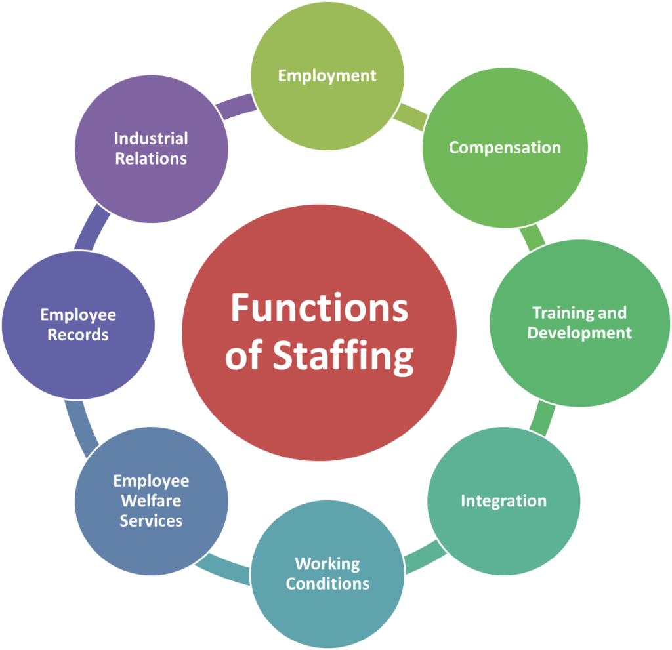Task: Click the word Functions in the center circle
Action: pos(319,308)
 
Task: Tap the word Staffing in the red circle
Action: pos(343,357)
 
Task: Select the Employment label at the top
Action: pos(327,75)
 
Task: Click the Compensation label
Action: pos(505,148)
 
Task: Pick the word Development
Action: pos(579,333)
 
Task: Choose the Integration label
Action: pos(503,501)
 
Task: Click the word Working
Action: pos(327,563)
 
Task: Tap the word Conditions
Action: pos(327,583)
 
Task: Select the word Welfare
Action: pos(151,500)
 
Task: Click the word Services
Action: pos(151,521)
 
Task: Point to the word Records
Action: pos(77,335)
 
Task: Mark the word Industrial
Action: pos(151,138)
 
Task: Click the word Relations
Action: pos(151,159)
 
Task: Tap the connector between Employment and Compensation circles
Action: pos(410,115)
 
